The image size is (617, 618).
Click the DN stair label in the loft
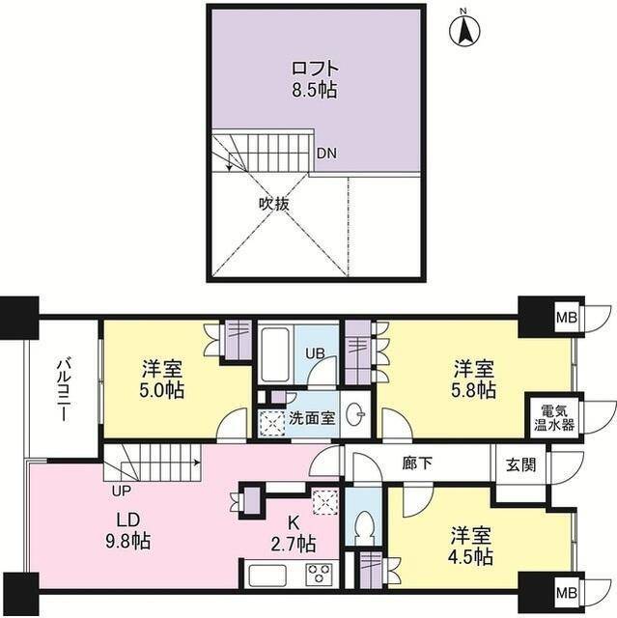click(x=327, y=154)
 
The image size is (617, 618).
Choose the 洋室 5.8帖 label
click(x=474, y=379)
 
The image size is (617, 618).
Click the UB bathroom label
click(x=315, y=354)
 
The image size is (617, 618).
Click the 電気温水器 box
click(x=555, y=415)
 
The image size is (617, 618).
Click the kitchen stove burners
click(x=318, y=575)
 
